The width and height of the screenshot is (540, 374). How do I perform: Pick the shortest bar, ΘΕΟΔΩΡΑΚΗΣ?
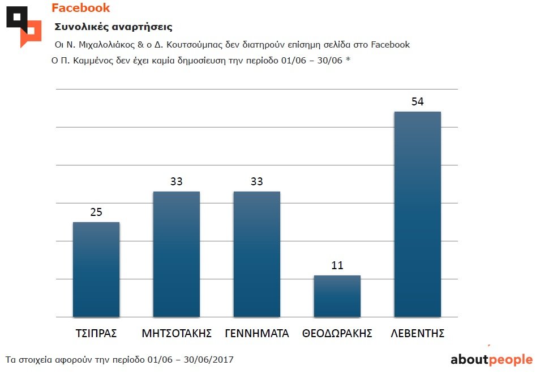[337, 296]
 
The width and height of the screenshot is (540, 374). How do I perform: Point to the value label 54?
[417, 102]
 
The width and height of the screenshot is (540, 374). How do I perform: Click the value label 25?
[96, 212]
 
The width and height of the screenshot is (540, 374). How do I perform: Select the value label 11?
[337, 266]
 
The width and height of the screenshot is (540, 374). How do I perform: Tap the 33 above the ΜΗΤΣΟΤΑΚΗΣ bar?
[176, 182]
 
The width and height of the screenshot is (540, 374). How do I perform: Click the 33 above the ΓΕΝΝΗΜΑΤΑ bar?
[256, 182]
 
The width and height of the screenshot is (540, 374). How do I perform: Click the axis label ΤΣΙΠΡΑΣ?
[96, 333]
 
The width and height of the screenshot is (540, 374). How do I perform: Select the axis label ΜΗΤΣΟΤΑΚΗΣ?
[176, 333]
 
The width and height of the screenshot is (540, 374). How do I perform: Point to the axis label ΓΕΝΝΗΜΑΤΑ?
[256, 333]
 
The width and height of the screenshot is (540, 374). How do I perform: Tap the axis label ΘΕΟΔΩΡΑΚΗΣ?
[337, 333]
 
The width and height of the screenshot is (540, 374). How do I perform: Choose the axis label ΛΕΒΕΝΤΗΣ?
[417, 333]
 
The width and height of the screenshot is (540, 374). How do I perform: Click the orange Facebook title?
[80, 8]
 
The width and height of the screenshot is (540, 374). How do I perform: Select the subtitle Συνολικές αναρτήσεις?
[113, 27]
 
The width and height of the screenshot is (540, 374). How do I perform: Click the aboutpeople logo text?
[491, 360]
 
